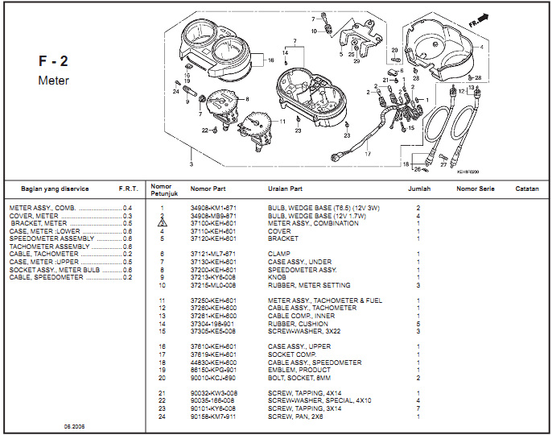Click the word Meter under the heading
pyautogui.click(x=53, y=81)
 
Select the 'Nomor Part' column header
pyautogui.click(x=208, y=188)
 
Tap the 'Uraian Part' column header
pyautogui.click(x=285, y=188)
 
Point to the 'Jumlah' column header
pyautogui.click(x=419, y=188)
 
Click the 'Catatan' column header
pyautogui.click(x=527, y=188)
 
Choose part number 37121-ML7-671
pyautogui.click(x=212, y=254)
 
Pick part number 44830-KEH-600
pyautogui.click(x=212, y=362)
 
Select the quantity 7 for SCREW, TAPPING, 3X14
pyautogui.click(x=418, y=409)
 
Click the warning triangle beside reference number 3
pyautogui.click(x=162, y=223)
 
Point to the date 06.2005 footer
pyautogui.click(x=75, y=425)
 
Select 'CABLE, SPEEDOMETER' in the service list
pyautogui.click(x=47, y=277)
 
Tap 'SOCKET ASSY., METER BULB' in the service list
pyautogui.click(x=55, y=270)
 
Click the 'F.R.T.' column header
pyautogui.click(x=128, y=188)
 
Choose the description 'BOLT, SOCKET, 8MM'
pyautogui.click(x=295, y=377)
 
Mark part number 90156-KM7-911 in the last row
pyautogui.click(x=212, y=416)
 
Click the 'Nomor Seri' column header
pyautogui.click(x=476, y=188)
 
